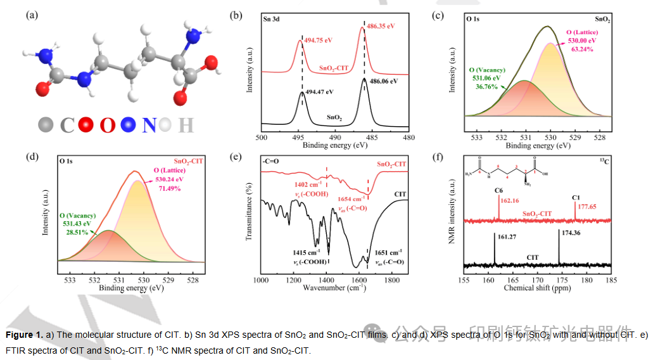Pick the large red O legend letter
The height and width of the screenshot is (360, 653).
point(108,125)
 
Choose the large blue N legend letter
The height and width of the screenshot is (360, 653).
point(149,125)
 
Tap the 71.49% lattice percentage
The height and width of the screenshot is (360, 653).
point(174,189)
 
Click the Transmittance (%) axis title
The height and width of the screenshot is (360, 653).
point(250,212)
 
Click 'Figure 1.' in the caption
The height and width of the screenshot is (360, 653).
point(24,334)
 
